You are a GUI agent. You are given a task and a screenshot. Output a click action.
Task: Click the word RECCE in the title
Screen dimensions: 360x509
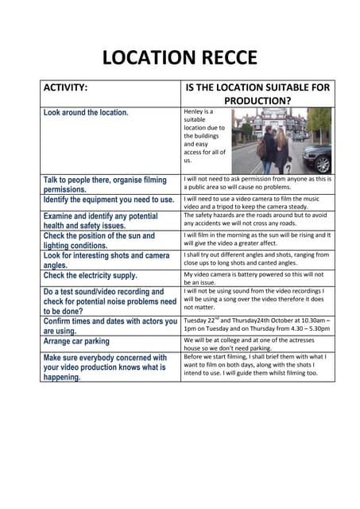(223, 57)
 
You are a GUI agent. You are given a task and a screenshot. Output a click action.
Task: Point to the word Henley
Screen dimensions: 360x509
(195, 112)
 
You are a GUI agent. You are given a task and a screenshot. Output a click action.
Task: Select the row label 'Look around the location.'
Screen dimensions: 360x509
(86, 113)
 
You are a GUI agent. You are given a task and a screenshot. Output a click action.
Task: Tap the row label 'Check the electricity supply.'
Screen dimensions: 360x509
(91, 276)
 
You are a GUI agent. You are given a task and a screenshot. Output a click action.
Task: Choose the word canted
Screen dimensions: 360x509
(279, 262)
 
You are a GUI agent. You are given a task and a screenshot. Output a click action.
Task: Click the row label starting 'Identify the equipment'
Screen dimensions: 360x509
(108, 200)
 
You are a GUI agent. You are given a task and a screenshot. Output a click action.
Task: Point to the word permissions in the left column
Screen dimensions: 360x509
(74, 189)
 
